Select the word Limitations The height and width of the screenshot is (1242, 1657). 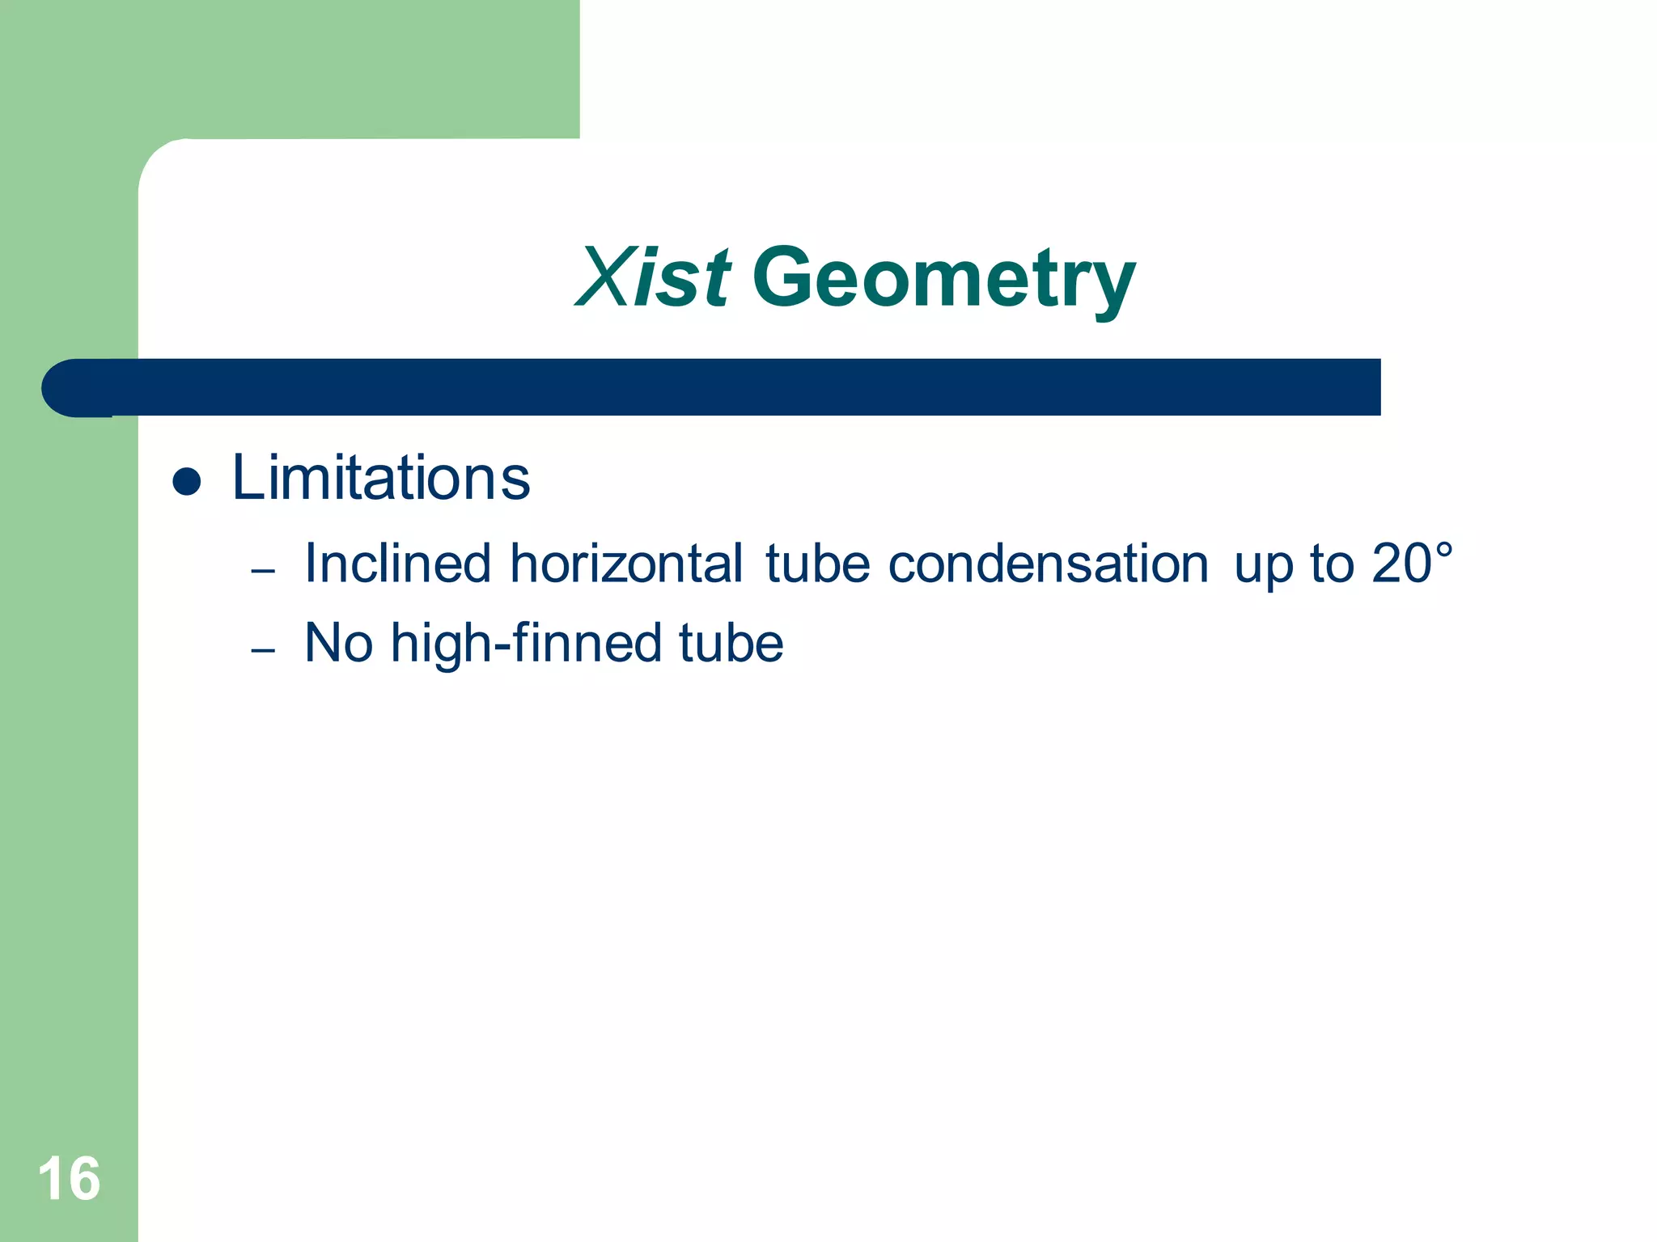point(381,478)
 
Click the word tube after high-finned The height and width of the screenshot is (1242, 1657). point(731,643)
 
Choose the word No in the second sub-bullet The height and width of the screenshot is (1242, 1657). point(339,643)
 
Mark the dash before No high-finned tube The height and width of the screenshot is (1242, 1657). point(263,650)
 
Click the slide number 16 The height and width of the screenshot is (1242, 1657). point(69,1179)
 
